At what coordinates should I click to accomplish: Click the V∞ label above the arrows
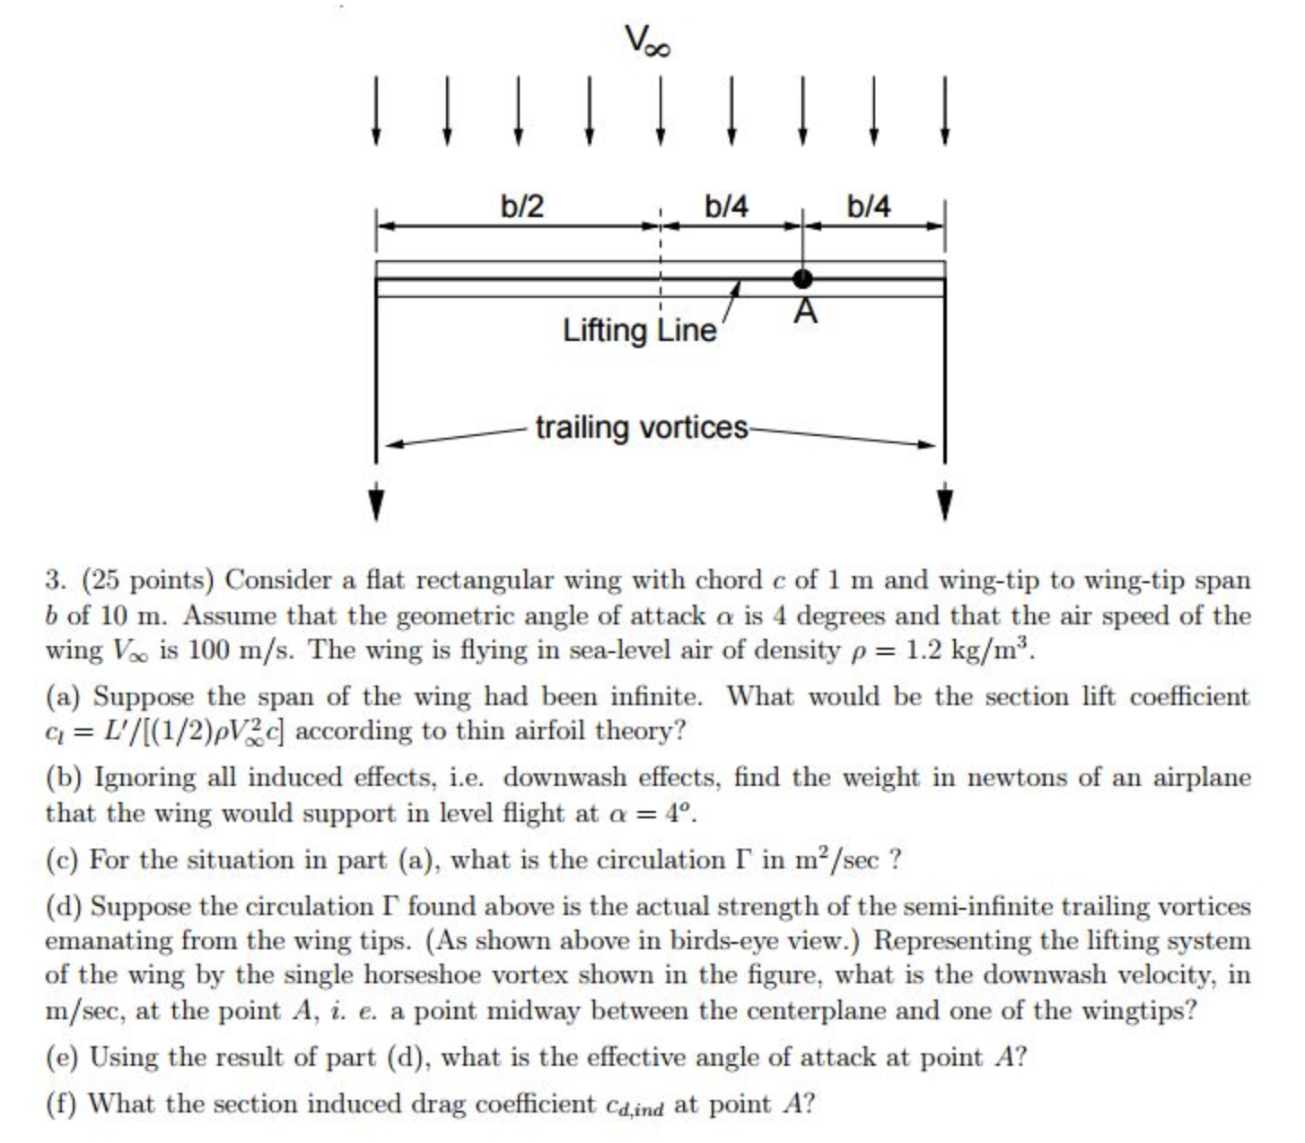pos(647,40)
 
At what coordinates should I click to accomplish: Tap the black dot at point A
pos(801,279)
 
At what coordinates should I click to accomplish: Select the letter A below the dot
pos(806,312)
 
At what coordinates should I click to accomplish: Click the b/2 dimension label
pos(522,206)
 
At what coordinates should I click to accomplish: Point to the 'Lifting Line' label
pos(640,331)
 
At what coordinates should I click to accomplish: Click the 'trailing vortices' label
pos(642,428)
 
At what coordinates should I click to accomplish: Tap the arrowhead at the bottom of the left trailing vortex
pos(376,503)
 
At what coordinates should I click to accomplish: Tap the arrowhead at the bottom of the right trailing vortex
pos(944,503)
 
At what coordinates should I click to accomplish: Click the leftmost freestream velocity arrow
pos(376,110)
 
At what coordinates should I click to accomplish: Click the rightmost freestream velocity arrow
pos(944,110)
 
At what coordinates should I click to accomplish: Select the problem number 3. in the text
pos(56,580)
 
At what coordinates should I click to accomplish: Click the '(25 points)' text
pos(147,580)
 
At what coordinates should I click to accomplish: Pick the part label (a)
pos(63,697)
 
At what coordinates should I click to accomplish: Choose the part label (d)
pos(63,907)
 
